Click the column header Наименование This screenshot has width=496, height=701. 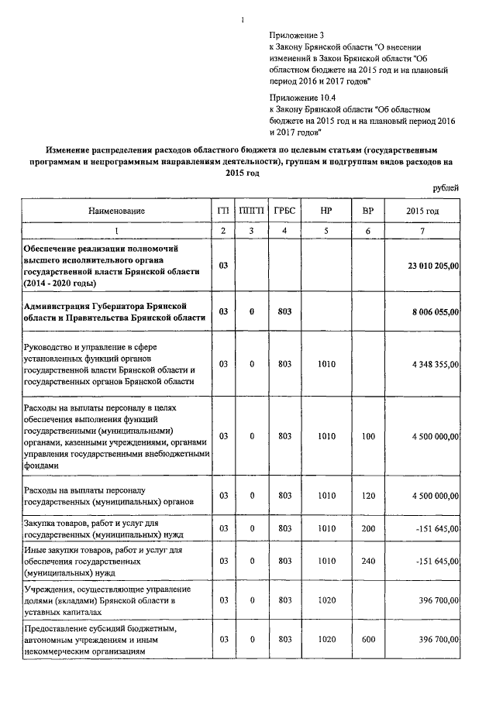click(116, 211)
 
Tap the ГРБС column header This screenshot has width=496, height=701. click(284, 211)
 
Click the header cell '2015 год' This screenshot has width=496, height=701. click(422, 211)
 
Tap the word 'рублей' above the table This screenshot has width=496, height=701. click(445, 188)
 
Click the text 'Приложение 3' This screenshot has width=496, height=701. click(297, 36)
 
